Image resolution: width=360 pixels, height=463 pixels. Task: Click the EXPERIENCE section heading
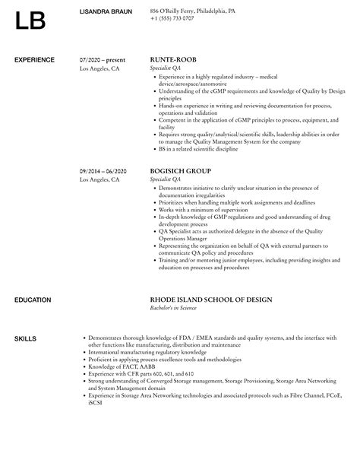[34, 59]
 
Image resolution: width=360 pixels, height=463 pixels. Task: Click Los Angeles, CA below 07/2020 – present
[99, 68]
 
